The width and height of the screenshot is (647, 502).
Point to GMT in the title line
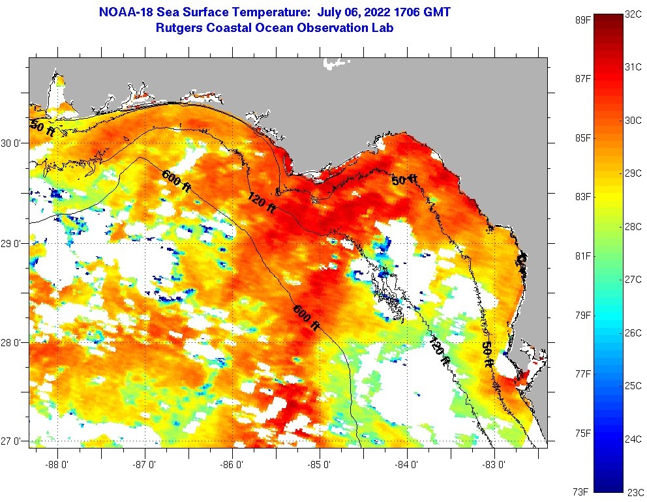point(437,12)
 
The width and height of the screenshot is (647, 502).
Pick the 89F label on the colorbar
point(582,20)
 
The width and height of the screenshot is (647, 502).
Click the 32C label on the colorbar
point(633,13)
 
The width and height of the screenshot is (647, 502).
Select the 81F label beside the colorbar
point(582,256)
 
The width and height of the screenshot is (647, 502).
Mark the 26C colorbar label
point(633,332)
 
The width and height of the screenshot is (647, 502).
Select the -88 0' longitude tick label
point(57,465)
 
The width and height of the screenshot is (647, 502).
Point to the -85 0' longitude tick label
point(320,465)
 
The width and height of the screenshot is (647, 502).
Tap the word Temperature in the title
point(256,12)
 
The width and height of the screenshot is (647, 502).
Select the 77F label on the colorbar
point(582,374)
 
